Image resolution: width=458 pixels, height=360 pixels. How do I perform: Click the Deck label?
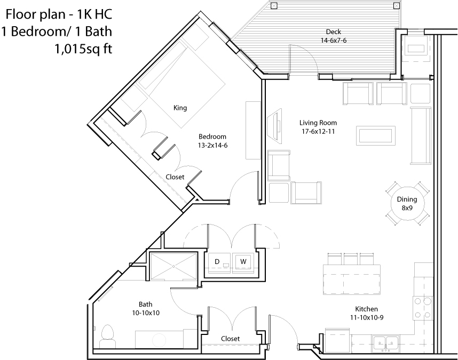pos(333,31)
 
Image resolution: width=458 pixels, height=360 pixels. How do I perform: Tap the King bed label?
pos(180,108)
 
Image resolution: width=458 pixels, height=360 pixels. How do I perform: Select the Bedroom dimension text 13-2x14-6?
pos(212,145)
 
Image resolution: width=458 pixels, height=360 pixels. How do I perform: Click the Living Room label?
pos(318,123)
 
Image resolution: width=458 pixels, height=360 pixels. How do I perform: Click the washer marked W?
pos(243,262)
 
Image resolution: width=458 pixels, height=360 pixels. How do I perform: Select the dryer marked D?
pos(219,262)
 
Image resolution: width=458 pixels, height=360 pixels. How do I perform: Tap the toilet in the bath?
pos(107,336)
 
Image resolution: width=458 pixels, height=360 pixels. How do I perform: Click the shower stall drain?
pos(173,266)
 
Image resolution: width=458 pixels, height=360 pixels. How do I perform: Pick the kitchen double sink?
pos(385,343)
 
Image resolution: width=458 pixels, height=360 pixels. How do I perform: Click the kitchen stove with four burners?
pos(422,308)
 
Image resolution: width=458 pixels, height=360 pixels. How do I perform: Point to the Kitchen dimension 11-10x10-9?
pos(367,317)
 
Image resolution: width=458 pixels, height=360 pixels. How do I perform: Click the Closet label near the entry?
pos(231,339)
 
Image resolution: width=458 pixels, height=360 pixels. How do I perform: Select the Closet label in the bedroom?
pos(175,177)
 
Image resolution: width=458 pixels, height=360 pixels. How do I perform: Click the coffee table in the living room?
pos(376,135)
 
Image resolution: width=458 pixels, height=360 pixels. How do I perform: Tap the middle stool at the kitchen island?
pos(351,259)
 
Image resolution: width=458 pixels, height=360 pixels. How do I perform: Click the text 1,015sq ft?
pos(83,49)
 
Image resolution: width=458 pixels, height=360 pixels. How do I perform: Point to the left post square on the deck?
pos(274,5)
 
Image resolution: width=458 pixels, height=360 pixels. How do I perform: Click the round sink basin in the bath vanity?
pos(159,340)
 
